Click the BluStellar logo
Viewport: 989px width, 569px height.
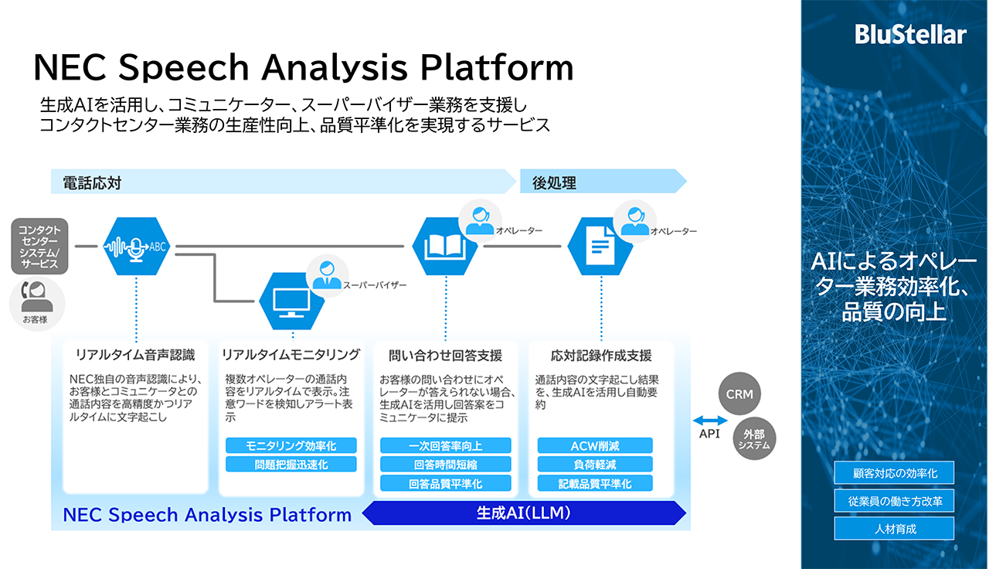pyautogui.click(x=911, y=35)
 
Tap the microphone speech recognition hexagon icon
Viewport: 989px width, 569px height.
pyautogui.click(x=136, y=247)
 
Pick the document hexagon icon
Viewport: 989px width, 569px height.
pyautogui.click(x=600, y=247)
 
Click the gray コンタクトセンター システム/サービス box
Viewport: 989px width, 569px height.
pyautogui.click(x=39, y=246)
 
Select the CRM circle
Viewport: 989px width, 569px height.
pyautogui.click(x=739, y=394)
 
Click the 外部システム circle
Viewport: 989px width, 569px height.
pyautogui.click(x=753, y=438)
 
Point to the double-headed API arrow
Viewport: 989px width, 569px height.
pyautogui.click(x=710, y=421)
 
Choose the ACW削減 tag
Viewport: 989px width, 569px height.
pyautogui.click(x=595, y=445)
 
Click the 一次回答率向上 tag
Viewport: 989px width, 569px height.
pyautogui.click(x=445, y=445)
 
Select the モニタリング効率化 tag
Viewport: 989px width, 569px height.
pyautogui.click(x=291, y=445)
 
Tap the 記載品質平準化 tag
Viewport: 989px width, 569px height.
pyautogui.click(x=595, y=483)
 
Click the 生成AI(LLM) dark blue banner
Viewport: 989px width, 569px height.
pyautogui.click(x=525, y=513)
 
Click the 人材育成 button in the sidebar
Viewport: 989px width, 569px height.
pyautogui.click(x=894, y=529)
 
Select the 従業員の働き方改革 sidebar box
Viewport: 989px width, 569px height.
pyautogui.click(x=894, y=501)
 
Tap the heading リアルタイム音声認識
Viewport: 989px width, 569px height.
pyautogui.click(x=135, y=356)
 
